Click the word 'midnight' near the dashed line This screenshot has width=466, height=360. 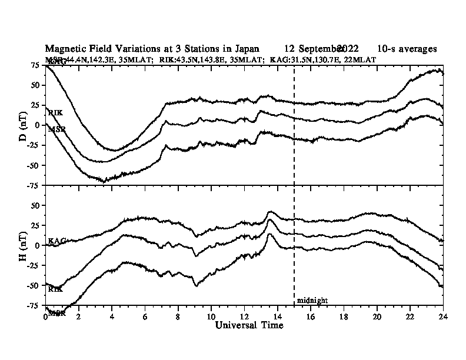click(312, 301)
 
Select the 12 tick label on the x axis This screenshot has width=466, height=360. click(244, 316)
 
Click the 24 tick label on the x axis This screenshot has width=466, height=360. click(442, 316)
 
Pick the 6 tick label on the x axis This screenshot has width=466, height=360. click(145, 316)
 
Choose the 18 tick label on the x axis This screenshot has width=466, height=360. click(344, 316)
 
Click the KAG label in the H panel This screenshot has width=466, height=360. click(56, 241)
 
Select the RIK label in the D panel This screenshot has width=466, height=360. click(55, 112)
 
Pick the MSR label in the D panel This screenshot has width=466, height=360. click(56, 128)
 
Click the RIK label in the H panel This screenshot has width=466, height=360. click(55, 289)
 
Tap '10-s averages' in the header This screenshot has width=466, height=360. click(407, 49)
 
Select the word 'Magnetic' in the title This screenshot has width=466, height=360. click(64, 49)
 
